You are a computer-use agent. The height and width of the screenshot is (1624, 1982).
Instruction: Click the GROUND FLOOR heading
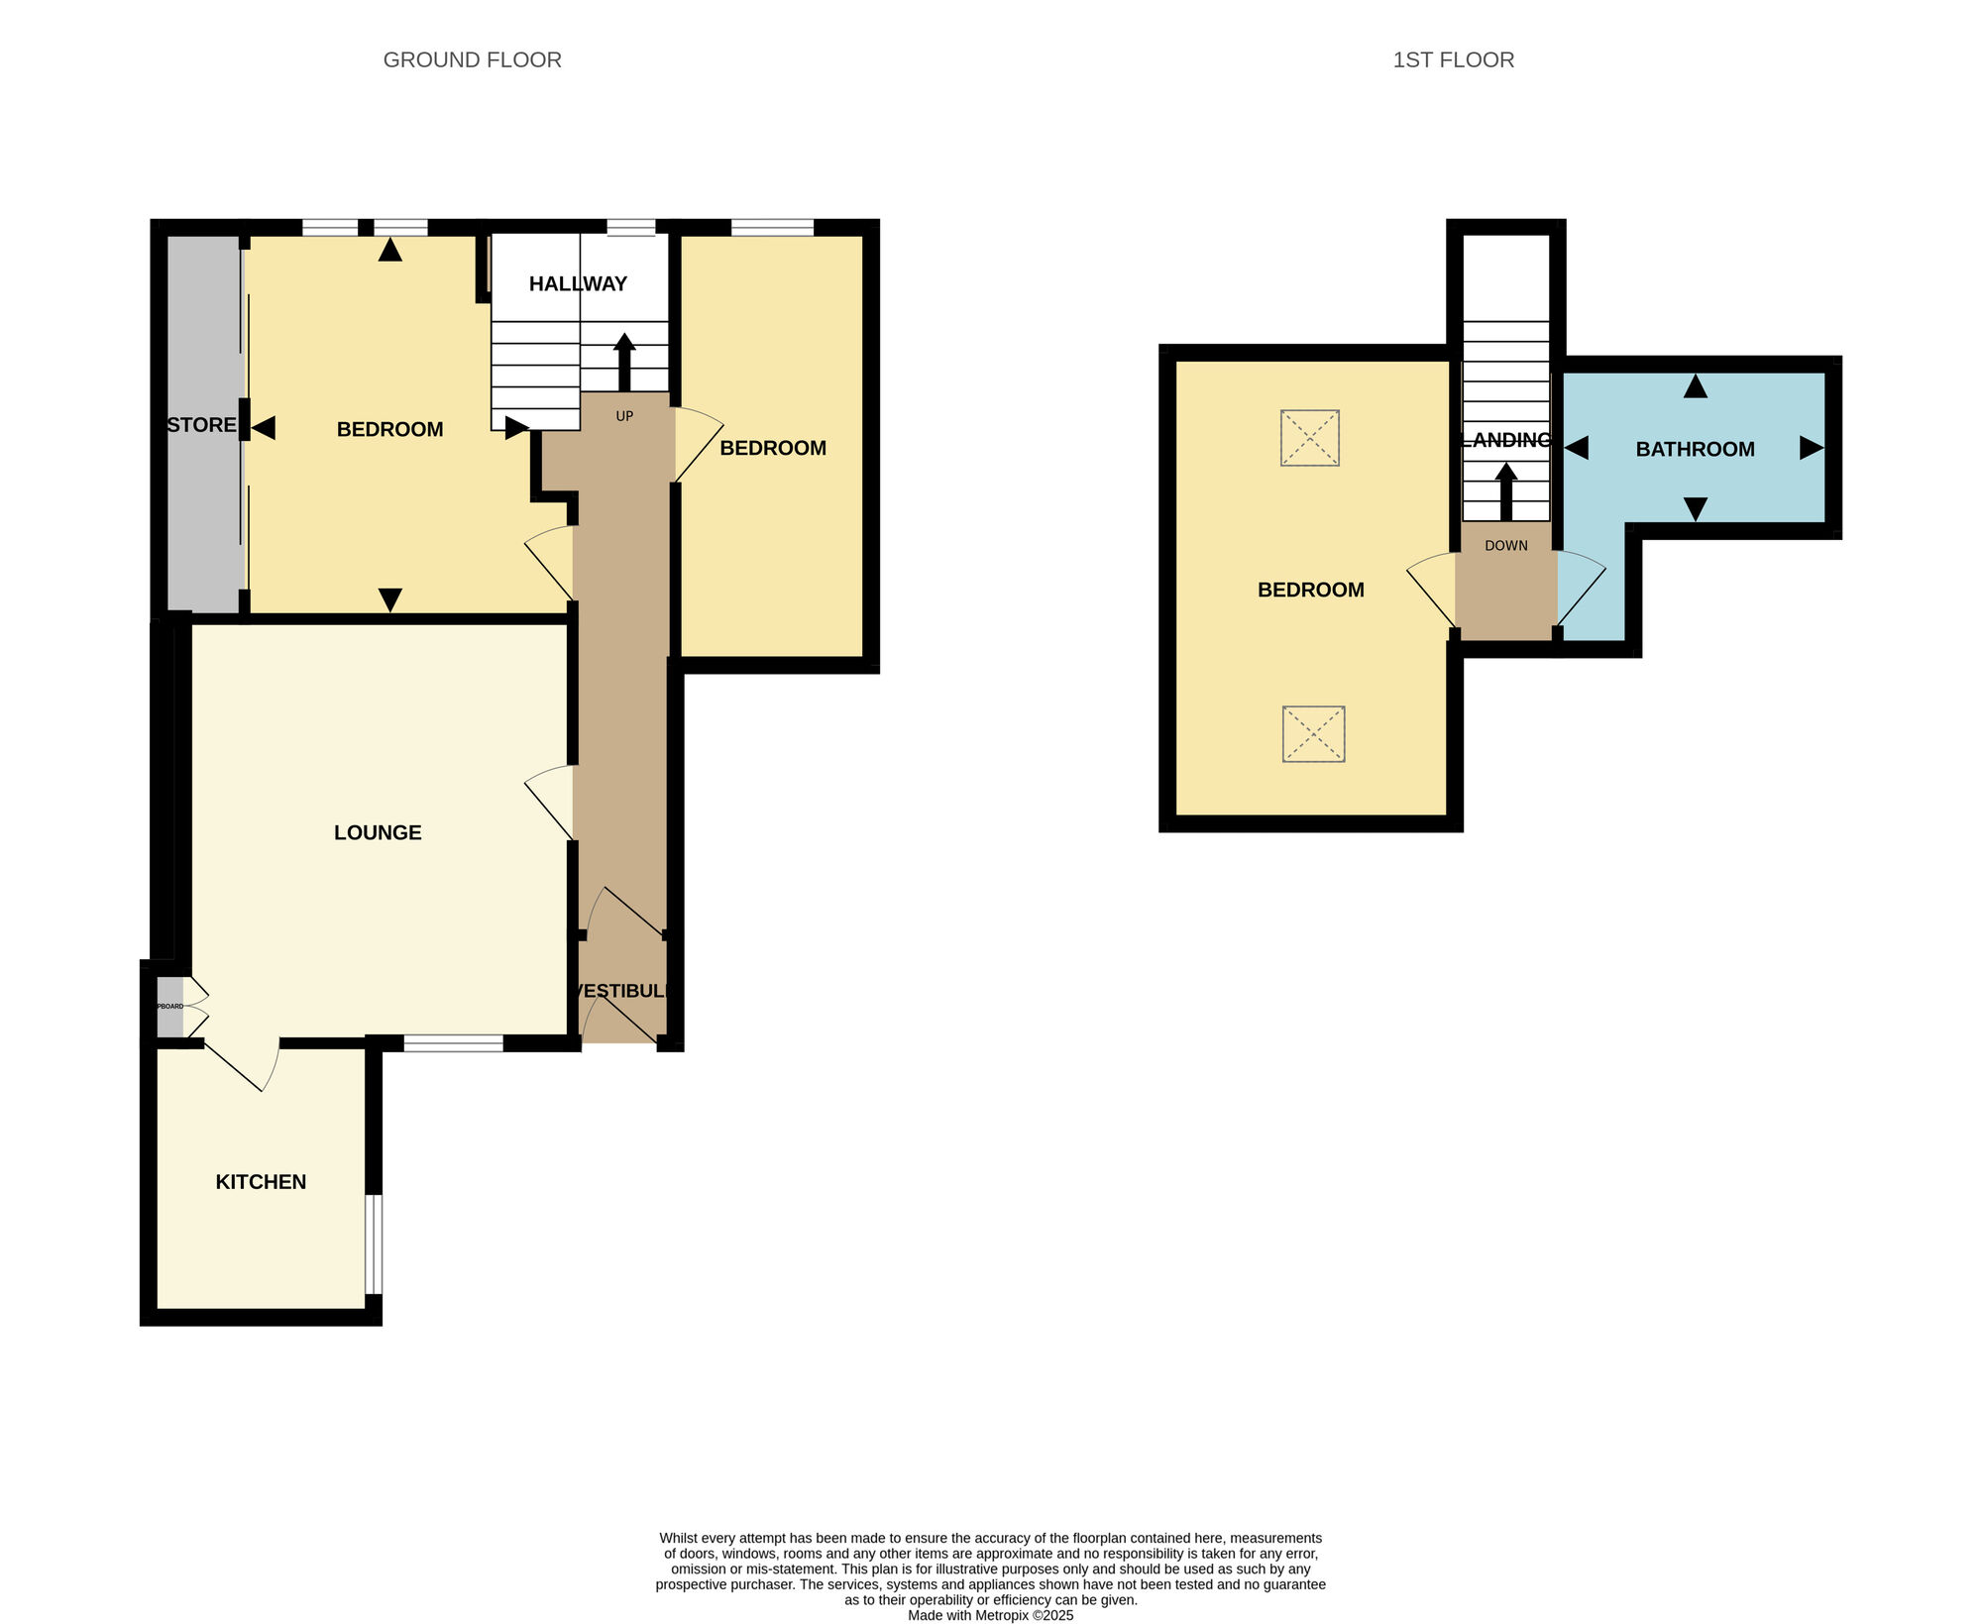coord(472,60)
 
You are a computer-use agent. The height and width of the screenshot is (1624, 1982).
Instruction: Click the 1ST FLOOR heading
coord(1453,60)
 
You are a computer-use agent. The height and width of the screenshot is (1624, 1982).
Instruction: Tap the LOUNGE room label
coord(378,832)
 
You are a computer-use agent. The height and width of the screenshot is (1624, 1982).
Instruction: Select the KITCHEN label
coord(261,1181)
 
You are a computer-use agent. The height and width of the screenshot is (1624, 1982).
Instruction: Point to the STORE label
coord(201,425)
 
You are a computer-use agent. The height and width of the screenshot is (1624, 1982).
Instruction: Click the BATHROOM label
coord(1695,449)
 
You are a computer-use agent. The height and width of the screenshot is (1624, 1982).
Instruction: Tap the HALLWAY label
coord(578,284)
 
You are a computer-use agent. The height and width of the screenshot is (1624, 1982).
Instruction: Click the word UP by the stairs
coord(624,416)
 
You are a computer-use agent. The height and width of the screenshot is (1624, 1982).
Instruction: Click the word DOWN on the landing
coord(1505,546)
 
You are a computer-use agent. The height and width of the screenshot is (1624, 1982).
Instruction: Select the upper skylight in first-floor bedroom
coord(1309,438)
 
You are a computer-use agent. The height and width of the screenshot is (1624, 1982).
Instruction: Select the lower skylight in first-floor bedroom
coord(1313,734)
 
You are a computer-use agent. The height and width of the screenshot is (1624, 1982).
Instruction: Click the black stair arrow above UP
coord(624,362)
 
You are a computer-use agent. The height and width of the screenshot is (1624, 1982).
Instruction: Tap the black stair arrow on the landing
coord(1506,490)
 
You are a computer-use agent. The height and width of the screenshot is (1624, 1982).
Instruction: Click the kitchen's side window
coord(374,1244)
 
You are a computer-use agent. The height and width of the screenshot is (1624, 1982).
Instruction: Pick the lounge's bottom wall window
coord(453,1042)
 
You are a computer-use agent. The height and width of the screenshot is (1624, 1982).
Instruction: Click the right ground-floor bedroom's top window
coord(772,228)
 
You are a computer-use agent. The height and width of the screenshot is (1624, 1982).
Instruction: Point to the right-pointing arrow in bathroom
coord(1811,448)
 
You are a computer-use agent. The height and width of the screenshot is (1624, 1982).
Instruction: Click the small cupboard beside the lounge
coord(170,1007)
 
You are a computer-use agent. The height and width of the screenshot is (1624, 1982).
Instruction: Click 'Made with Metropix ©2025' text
coord(990,1615)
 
